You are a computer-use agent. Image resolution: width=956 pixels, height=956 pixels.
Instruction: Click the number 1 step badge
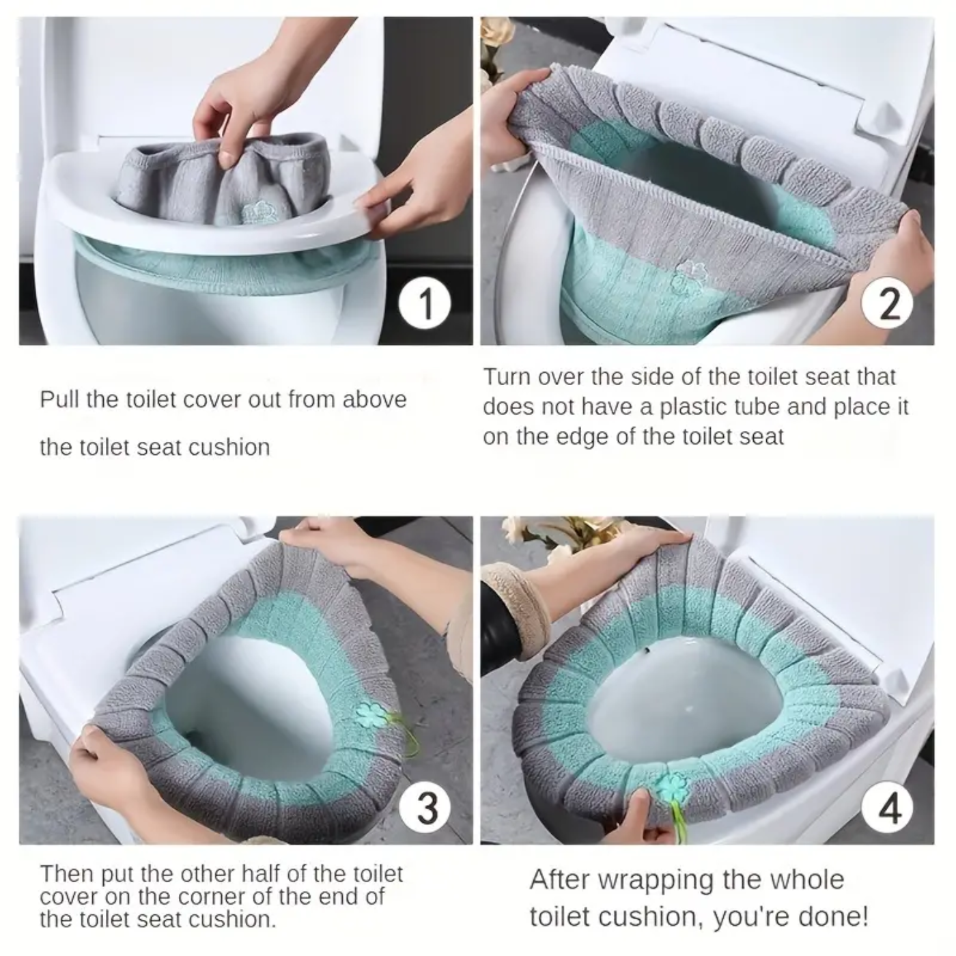425,303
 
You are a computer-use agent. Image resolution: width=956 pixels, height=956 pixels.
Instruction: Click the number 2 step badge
887,304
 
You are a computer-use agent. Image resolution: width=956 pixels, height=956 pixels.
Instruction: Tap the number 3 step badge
426,807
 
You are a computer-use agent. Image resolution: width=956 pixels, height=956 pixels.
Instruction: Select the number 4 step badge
888,809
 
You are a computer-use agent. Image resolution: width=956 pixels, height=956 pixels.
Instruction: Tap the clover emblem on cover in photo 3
370,714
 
